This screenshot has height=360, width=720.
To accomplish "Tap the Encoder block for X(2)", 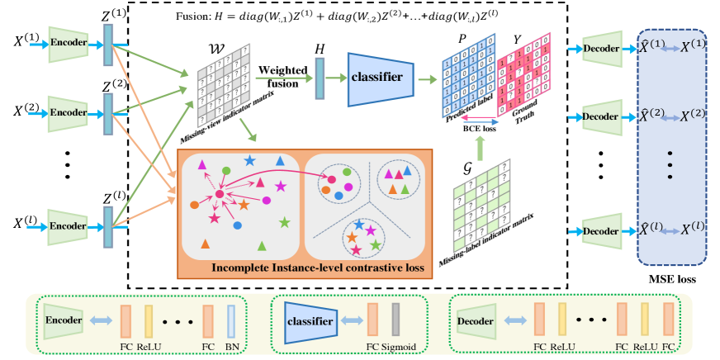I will (x=69, y=111).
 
